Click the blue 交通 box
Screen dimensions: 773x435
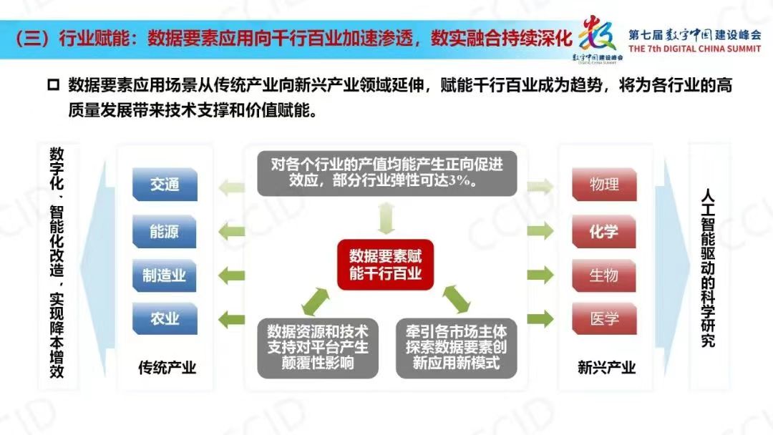click(165, 185)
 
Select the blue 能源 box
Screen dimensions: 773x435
click(164, 232)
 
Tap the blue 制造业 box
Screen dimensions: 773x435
click(164, 275)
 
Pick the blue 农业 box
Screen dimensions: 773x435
click(165, 318)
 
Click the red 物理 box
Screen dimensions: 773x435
click(604, 185)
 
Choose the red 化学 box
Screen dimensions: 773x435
click(603, 232)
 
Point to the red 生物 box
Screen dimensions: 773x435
click(603, 275)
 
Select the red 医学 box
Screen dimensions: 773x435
click(604, 318)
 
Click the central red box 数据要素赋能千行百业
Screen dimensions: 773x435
click(385, 265)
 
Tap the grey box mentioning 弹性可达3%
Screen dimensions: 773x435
click(387, 173)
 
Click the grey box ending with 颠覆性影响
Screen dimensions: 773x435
click(318, 348)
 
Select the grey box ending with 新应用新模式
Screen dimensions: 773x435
click(456, 348)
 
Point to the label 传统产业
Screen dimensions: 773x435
click(167, 368)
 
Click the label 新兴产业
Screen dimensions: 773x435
click(606, 368)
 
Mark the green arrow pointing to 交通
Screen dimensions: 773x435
click(231, 187)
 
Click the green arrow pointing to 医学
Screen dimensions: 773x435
click(540, 318)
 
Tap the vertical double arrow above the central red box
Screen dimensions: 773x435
click(386, 217)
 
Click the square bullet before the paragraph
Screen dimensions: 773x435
click(53, 85)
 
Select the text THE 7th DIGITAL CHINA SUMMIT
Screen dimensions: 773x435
click(694, 49)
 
